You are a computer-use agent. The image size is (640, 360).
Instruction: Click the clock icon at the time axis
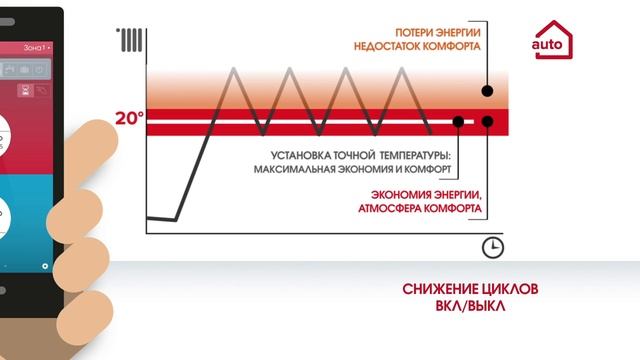tap(492, 247)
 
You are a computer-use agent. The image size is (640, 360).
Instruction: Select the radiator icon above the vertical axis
tap(129, 40)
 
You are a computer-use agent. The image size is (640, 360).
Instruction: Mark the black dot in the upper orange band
tap(487, 91)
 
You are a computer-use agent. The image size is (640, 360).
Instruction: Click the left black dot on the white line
tap(458, 121)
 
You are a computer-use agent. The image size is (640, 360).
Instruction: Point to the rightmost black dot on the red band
tap(487, 121)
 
